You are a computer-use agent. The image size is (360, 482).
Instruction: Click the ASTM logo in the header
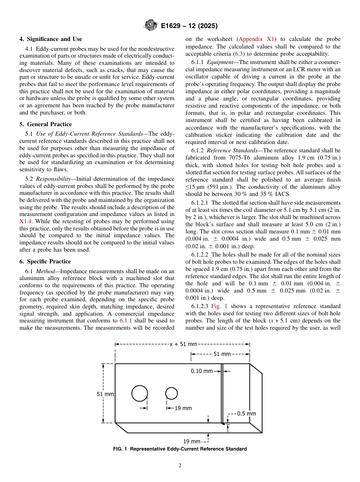tap(150, 26)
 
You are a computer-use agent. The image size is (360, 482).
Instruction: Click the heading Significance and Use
tap(51, 39)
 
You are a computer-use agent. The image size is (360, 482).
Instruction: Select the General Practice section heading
tap(45, 124)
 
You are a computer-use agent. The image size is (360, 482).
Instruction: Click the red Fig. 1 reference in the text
tap(219, 306)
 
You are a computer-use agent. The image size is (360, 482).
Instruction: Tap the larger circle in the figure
tap(140, 393)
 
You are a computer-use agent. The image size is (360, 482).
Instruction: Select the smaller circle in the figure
tap(171, 393)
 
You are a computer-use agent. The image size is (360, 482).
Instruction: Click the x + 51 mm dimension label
tap(183, 344)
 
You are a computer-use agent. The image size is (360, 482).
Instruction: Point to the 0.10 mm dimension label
tap(202, 371)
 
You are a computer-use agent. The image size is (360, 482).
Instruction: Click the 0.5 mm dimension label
tap(246, 413)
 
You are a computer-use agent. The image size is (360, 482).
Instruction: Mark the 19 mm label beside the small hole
tap(183, 408)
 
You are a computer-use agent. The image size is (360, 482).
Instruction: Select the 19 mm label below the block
tap(191, 441)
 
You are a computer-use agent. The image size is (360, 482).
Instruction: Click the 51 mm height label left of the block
tap(105, 394)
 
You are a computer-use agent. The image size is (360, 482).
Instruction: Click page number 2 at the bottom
tap(180, 466)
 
